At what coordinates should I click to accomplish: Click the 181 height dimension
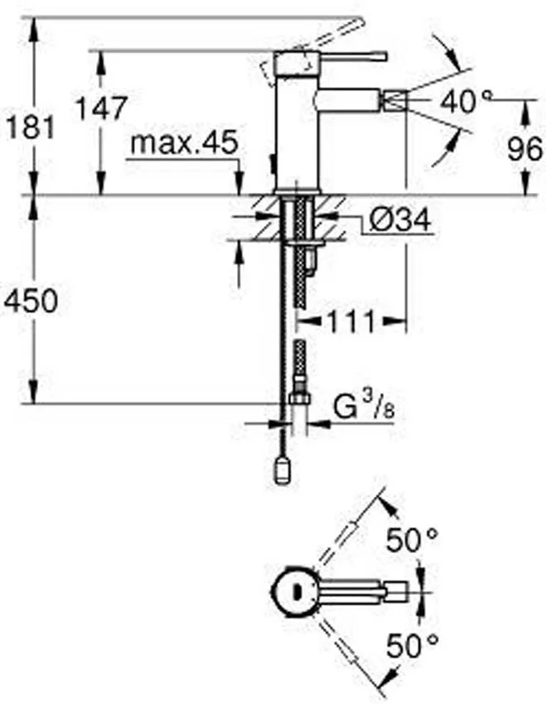coord(31,127)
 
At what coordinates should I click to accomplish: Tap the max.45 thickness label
coord(184,143)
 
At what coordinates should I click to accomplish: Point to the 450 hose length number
coord(31,301)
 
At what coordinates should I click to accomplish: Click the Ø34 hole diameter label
coord(399,220)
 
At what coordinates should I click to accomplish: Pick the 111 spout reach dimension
coord(351,321)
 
